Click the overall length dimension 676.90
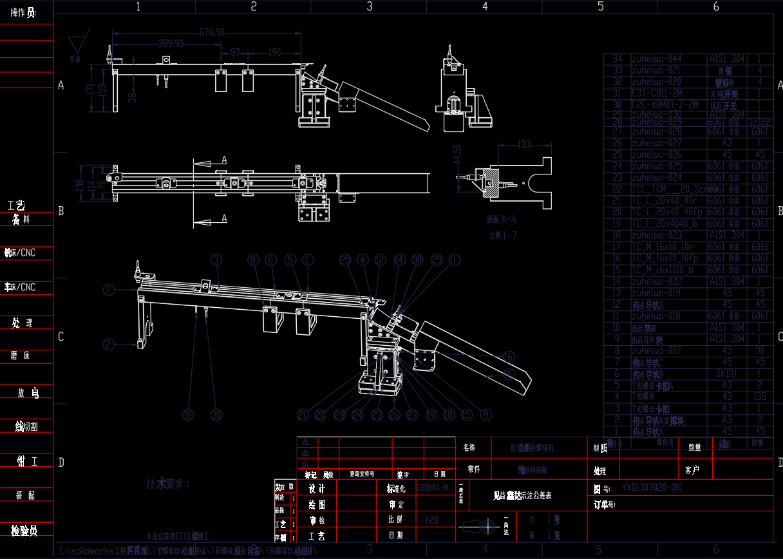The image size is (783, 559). point(212,32)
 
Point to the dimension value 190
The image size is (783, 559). point(274,52)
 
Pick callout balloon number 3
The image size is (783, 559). point(217,260)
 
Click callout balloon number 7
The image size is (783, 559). point(108,289)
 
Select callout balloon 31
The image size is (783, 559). point(188,414)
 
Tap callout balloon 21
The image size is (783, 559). point(303,414)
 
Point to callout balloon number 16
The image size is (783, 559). point(509,356)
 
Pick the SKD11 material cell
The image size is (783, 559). point(726,374)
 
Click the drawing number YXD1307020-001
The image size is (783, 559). point(652,488)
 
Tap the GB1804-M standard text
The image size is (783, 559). point(433,488)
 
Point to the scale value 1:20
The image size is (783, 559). point(432,519)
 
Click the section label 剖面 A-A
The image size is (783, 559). point(502,220)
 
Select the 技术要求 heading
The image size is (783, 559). point(168,484)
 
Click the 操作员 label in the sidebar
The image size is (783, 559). point(23,13)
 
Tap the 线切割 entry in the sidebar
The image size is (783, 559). point(27,426)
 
